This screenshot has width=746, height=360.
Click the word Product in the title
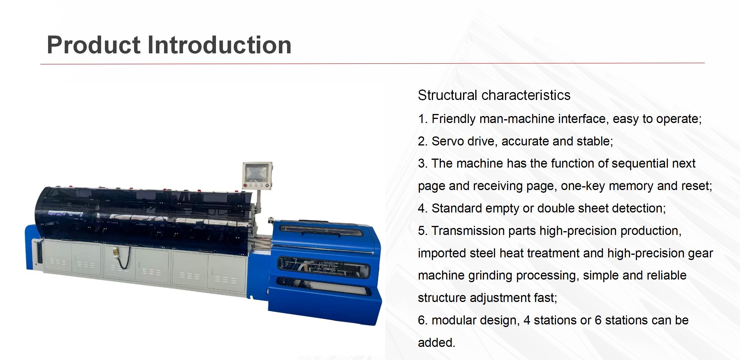[94, 45]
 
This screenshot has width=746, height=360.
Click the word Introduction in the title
[219, 45]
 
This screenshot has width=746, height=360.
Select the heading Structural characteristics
[494, 95]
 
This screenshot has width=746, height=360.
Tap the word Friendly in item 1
[453, 119]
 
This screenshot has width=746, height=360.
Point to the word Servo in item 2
[448, 141]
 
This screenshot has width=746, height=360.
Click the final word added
[436, 343]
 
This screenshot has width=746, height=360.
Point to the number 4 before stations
[527, 320]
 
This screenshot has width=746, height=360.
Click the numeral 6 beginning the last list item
[421, 320]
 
